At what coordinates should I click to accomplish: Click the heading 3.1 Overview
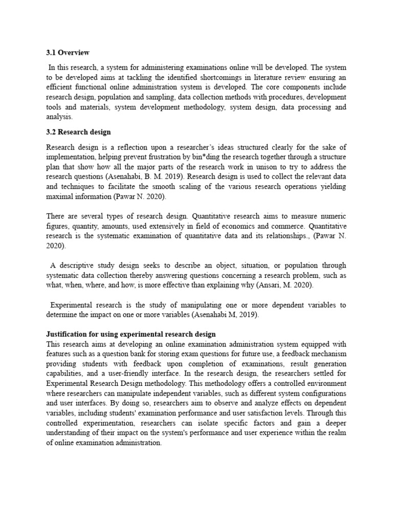68,53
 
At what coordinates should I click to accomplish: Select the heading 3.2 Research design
78,132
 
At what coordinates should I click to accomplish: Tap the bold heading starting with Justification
130,334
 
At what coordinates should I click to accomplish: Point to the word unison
243,167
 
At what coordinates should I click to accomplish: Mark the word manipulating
204,305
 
